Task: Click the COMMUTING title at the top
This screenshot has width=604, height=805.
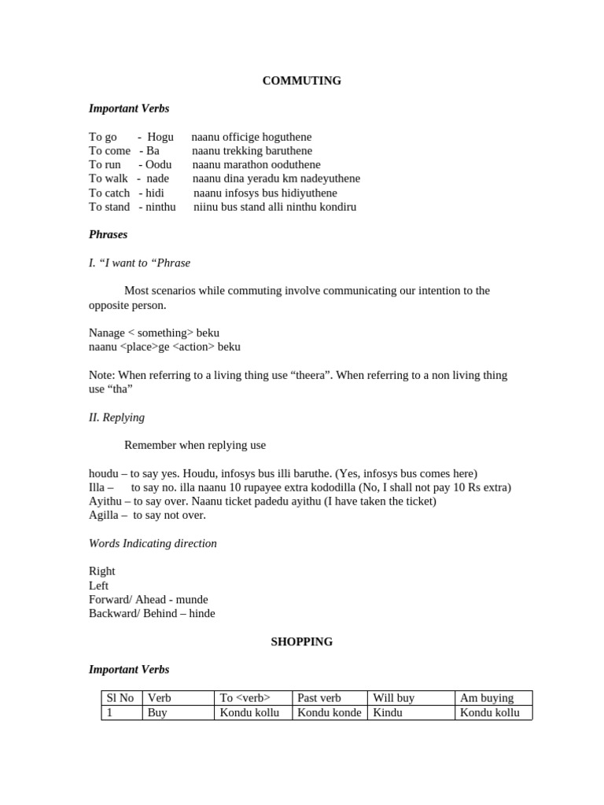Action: click(301, 81)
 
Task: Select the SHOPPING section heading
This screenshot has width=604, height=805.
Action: click(301, 641)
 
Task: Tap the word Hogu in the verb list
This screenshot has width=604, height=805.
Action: click(160, 137)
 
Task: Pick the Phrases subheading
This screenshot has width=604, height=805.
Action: click(108, 234)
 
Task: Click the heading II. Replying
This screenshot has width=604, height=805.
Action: click(116, 417)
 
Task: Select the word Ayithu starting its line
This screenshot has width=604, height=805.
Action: click(105, 502)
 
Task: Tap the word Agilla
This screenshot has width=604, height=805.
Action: click(103, 516)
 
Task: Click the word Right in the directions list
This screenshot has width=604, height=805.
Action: click(102, 572)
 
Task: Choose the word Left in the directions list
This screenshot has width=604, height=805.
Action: click(99, 586)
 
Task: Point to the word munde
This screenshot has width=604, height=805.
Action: click(192, 600)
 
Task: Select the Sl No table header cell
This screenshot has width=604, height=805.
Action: click(120, 698)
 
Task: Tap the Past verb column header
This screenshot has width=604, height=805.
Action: click(319, 698)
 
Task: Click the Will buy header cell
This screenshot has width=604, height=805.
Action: click(393, 698)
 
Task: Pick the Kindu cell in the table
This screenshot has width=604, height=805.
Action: click(387, 713)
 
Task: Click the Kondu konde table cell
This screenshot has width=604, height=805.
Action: click(329, 713)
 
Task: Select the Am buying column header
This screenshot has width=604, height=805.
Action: click(487, 698)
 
